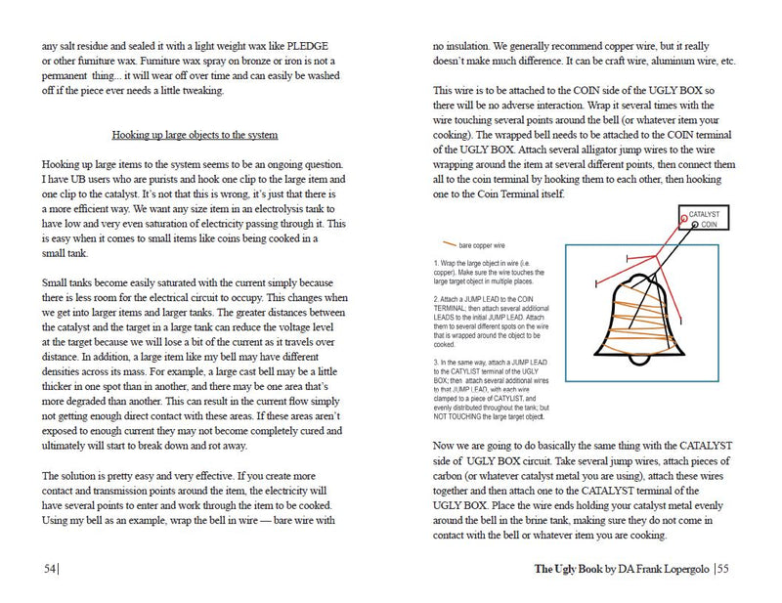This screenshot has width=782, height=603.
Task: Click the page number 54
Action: [50, 569]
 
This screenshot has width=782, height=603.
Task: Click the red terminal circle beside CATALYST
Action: [683, 213]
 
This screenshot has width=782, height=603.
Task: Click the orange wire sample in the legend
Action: [452, 243]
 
